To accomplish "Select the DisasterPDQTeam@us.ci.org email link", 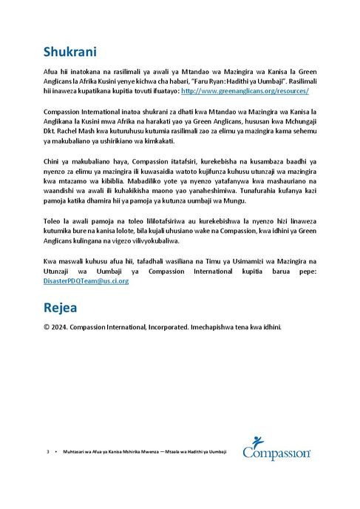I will point(86,281).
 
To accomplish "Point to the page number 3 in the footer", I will point(47,451).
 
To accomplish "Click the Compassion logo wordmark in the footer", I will point(277,452).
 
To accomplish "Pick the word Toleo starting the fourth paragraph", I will point(52,220).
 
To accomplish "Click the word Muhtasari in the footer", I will point(75,451).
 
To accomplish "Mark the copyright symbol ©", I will point(47,326).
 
